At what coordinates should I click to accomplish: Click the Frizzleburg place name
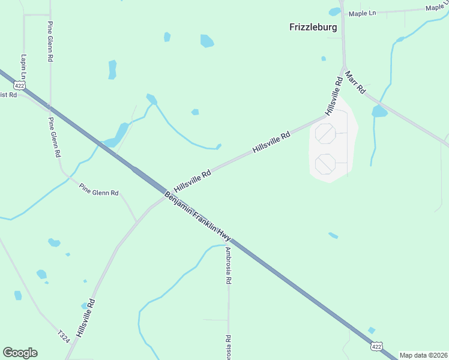[x=313, y=27]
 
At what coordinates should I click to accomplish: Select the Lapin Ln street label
[x=24, y=67]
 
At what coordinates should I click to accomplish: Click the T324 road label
[x=64, y=335]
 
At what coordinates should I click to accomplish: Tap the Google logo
[x=20, y=353]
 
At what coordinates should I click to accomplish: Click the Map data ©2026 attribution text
[x=424, y=355]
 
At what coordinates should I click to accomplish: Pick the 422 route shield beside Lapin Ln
[x=20, y=86]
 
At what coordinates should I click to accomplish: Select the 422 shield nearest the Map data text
[x=376, y=346]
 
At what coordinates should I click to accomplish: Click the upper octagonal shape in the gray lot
[x=325, y=133]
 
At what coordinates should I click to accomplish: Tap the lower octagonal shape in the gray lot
[x=325, y=163]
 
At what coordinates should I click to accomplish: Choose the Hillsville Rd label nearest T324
[x=85, y=318]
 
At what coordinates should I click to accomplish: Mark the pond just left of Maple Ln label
[x=334, y=11]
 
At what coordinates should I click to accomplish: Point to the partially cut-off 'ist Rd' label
[x=8, y=95]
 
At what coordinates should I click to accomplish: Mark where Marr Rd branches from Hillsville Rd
[x=344, y=67]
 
